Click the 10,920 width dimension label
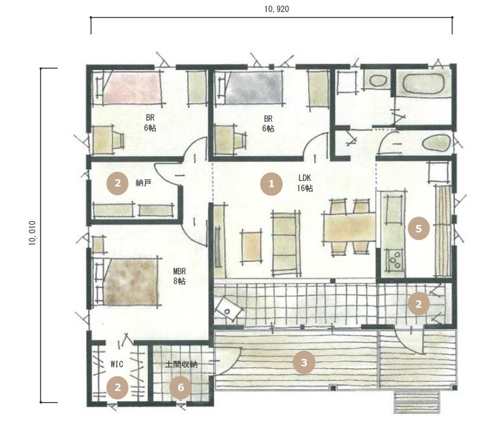pos(277,9)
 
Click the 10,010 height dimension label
pos(33,233)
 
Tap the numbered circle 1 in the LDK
pos(271,184)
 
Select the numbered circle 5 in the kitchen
pos(418,229)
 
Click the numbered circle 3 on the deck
pos(304,362)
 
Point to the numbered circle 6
pos(181,387)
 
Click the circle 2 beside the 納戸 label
pos(117,183)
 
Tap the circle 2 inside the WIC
pos(117,388)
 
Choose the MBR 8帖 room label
pos(179,276)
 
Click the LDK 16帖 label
pos(305,183)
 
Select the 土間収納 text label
pos(181,364)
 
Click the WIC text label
pos(117,364)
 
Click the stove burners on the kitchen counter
pos(394,260)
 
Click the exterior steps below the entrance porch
pos(417,402)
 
